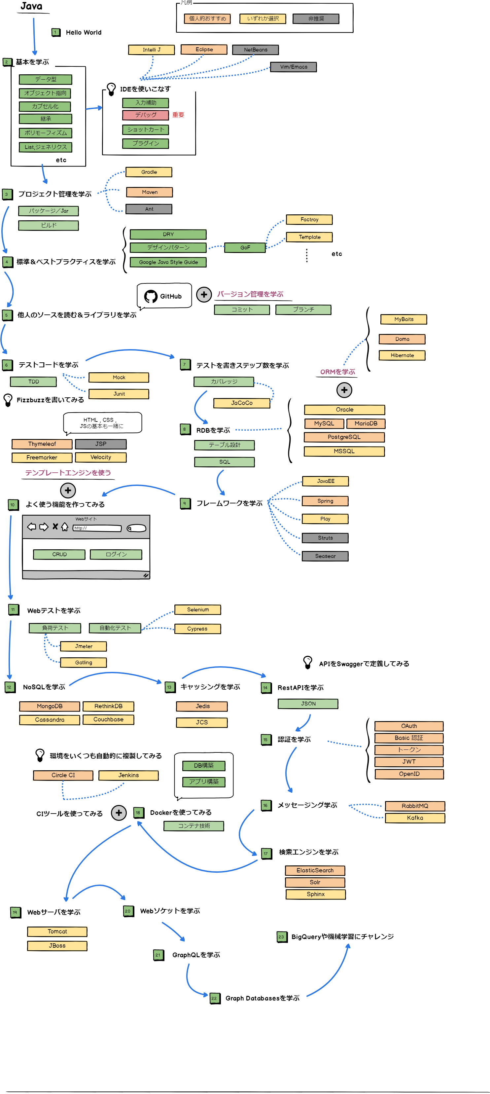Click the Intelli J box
click(x=151, y=50)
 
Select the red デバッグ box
click(x=146, y=115)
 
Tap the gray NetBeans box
click(x=255, y=50)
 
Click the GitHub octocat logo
click(x=150, y=296)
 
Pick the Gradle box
click(x=149, y=172)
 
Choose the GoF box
click(x=245, y=248)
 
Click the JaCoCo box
click(x=242, y=403)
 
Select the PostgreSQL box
click(x=344, y=437)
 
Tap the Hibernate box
click(x=402, y=355)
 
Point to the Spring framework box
click(x=325, y=501)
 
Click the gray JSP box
click(x=101, y=444)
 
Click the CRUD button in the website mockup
click(x=59, y=554)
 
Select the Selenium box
click(x=197, y=609)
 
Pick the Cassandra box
click(x=50, y=720)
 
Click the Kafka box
click(x=414, y=818)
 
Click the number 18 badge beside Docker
click(x=138, y=813)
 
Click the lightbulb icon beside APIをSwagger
click(x=307, y=662)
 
